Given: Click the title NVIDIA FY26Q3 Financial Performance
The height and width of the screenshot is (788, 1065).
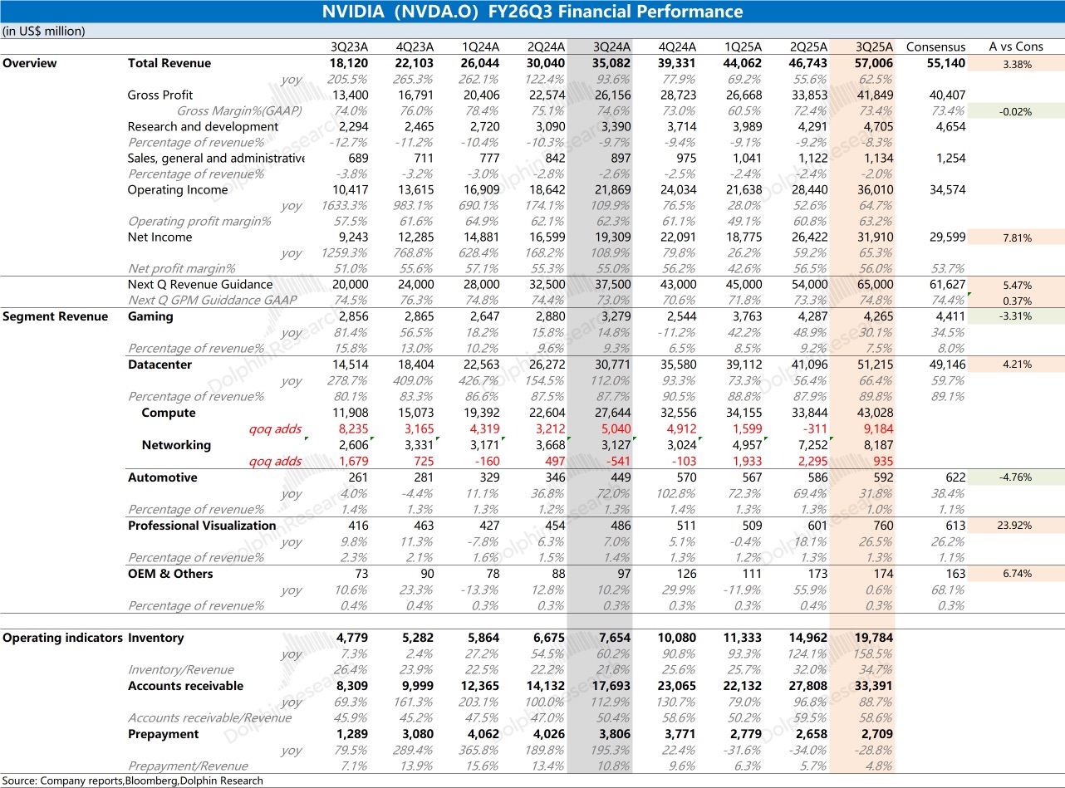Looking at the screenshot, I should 532,12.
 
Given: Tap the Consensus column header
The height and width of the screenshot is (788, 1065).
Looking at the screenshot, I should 935,46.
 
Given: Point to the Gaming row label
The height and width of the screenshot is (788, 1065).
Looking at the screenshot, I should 150,316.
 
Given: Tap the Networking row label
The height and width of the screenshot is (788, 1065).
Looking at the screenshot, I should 176,445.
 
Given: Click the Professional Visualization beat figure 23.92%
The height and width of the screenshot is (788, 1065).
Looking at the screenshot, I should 1016,526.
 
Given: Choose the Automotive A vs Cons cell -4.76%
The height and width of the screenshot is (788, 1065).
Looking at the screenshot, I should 1016,477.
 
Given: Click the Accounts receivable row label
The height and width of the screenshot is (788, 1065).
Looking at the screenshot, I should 185,686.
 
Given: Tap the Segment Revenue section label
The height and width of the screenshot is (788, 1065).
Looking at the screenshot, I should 55,316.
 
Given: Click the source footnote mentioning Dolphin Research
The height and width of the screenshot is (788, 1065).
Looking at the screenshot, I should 133,781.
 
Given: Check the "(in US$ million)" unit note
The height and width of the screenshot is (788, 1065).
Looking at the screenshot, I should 44,32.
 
